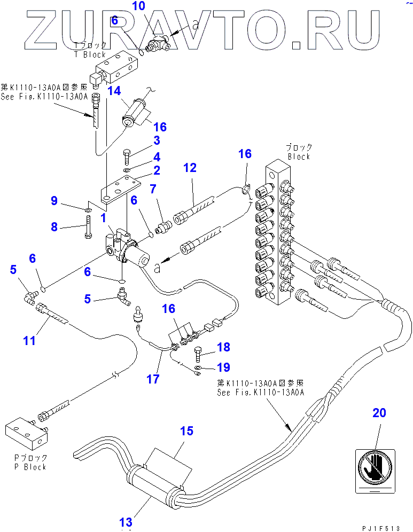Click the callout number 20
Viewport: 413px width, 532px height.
(x=379, y=413)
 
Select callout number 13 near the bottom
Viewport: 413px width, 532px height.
(x=126, y=522)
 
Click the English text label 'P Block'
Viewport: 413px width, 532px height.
(x=29, y=466)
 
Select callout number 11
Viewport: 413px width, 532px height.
(x=29, y=339)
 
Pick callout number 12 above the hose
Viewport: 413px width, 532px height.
(x=190, y=168)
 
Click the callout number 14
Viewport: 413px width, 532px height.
(x=113, y=91)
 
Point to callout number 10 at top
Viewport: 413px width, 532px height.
(x=138, y=6)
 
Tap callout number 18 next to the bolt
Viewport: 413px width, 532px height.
(x=223, y=347)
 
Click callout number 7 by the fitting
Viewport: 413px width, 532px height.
(x=152, y=189)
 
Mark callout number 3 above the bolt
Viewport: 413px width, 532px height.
(x=157, y=140)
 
